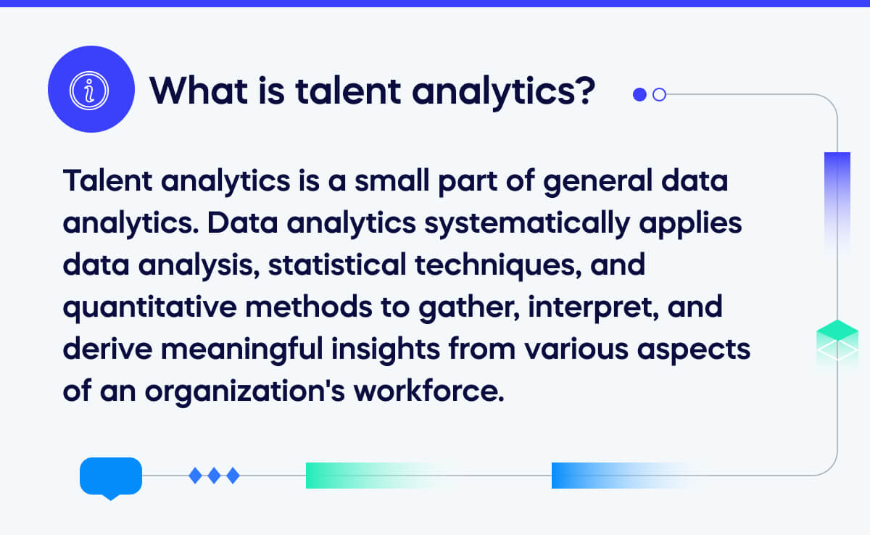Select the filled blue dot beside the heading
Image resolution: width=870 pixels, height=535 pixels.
[x=639, y=94]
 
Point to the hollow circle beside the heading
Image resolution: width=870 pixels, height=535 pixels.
[x=659, y=94]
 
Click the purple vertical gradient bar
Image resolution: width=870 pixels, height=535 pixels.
[x=837, y=196]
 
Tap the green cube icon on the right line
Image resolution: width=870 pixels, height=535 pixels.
[x=837, y=341]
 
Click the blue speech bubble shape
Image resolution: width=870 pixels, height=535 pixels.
[x=110, y=476]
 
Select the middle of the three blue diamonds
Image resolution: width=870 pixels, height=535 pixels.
[x=214, y=476]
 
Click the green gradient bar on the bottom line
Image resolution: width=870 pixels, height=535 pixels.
[x=362, y=476]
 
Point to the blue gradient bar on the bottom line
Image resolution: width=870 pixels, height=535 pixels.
[x=609, y=476]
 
